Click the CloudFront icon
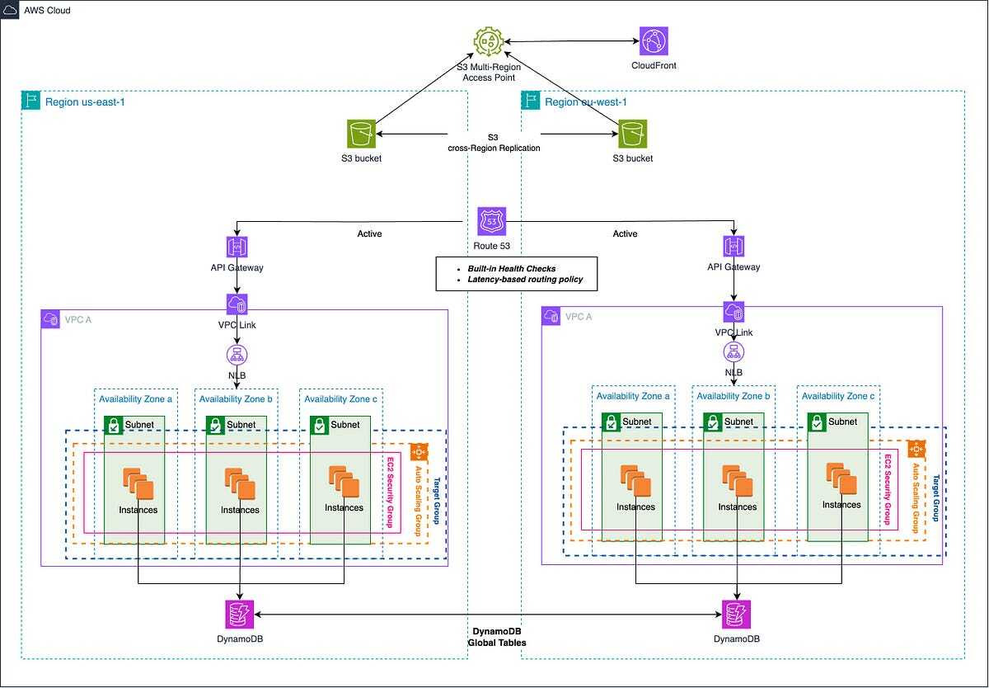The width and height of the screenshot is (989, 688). [654, 40]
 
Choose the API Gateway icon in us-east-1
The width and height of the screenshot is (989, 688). [237, 247]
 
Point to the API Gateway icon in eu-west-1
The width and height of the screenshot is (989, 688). [734, 247]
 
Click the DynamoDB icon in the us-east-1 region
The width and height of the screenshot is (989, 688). [239, 615]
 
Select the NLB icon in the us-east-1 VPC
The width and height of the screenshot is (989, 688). [237, 355]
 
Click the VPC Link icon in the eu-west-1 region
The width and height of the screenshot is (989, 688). [734, 312]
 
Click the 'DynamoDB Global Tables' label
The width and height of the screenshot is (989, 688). [494, 636]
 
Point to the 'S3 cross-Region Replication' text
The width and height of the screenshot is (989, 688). [491, 142]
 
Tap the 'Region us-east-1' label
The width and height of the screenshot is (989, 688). [86, 102]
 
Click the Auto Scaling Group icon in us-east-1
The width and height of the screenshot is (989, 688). [418, 452]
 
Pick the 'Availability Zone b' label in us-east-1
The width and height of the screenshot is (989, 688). [237, 399]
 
